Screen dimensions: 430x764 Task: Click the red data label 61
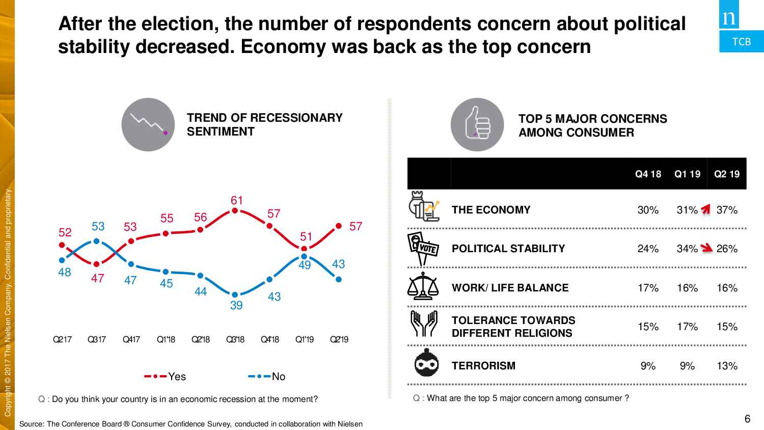click(237, 200)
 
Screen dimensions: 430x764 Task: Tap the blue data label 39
click(236, 305)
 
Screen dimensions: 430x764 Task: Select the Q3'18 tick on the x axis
click(235, 339)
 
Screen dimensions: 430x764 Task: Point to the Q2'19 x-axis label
click(339, 339)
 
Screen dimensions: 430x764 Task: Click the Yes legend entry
click(166, 377)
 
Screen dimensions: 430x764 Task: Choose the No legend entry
click(267, 377)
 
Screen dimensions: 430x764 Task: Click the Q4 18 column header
click(648, 174)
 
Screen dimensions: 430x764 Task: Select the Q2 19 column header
click(727, 174)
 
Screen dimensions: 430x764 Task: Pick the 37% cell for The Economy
click(727, 210)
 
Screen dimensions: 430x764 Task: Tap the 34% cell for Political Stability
click(687, 249)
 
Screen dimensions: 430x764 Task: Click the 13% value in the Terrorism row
click(727, 366)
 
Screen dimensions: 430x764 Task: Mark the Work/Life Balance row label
click(510, 288)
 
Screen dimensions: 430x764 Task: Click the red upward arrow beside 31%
click(706, 209)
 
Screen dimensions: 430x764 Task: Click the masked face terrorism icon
click(427, 363)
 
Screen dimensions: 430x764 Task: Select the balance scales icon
click(423, 286)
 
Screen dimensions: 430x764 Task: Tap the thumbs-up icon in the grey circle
click(477, 124)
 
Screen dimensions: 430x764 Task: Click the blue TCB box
click(742, 41)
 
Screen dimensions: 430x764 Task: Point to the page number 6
click(747, 419)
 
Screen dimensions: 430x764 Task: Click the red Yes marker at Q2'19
click(339, 226)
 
